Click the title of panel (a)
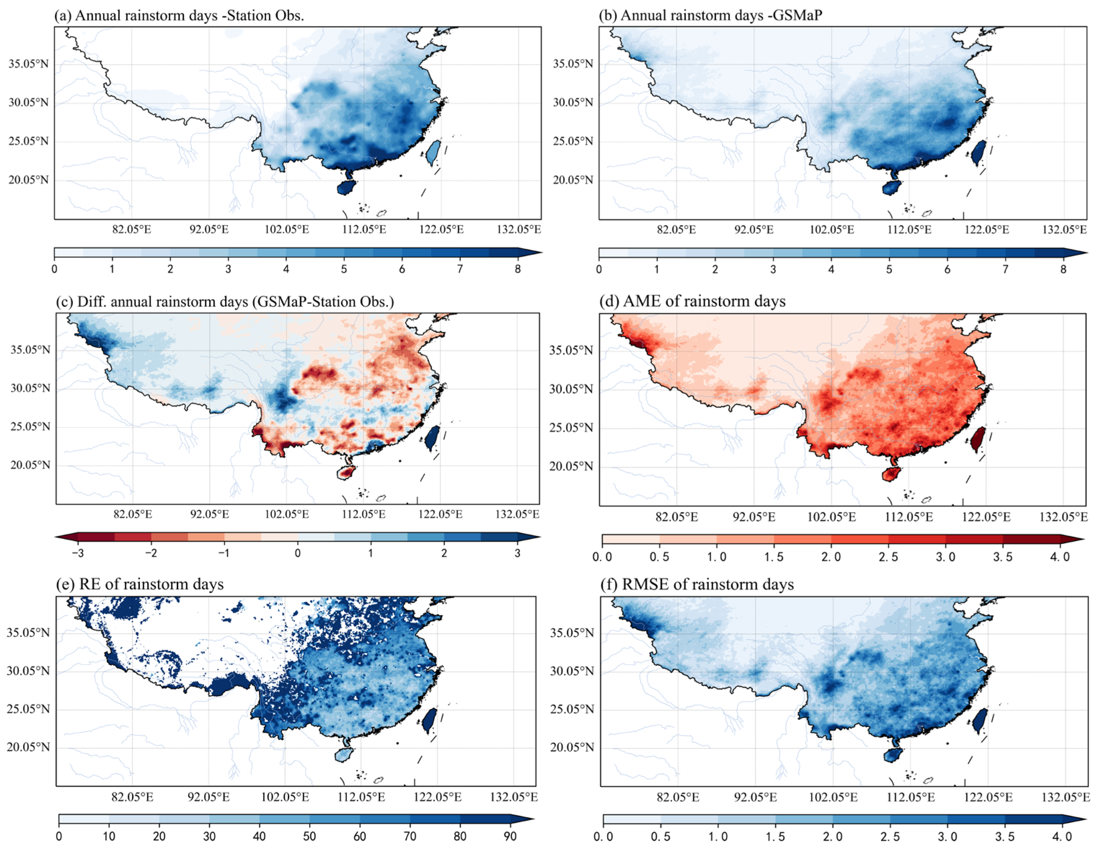179,16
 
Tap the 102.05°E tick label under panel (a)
287,230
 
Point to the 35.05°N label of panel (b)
573,64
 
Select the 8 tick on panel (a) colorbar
517,269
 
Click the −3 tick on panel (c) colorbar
78,553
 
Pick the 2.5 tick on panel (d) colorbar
888,557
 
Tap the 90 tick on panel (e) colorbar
510,836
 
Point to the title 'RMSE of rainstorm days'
707,585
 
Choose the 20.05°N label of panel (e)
28,747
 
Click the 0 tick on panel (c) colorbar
297,553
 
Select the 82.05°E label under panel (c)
133,514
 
